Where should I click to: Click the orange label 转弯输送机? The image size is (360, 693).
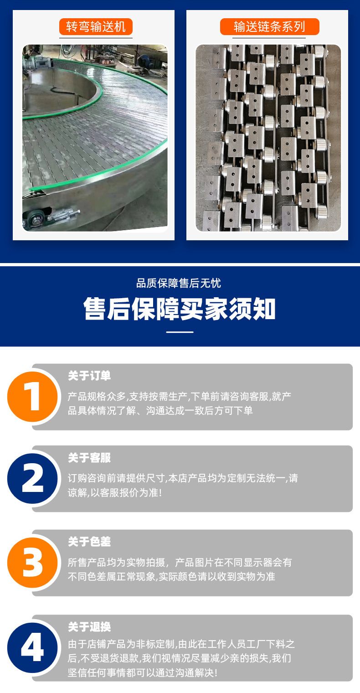[96, 26]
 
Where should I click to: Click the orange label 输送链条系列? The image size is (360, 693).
[269, 26]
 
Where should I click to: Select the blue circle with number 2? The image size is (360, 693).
[32, 478]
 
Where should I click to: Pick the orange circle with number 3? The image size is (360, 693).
[32, 563]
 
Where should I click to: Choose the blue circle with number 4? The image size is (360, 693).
[32, 647]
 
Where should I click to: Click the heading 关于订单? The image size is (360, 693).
[89, 376]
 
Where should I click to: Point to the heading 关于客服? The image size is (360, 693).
[89, 458]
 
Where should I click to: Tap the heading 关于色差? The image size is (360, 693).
[89, 542]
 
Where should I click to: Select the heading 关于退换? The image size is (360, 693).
[89, 627]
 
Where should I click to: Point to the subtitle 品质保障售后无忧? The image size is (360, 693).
[179, 283]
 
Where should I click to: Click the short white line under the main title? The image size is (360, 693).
[180, 332]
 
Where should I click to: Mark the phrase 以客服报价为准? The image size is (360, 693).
[124, 492]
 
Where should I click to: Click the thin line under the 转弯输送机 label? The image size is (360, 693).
[96, 38]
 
